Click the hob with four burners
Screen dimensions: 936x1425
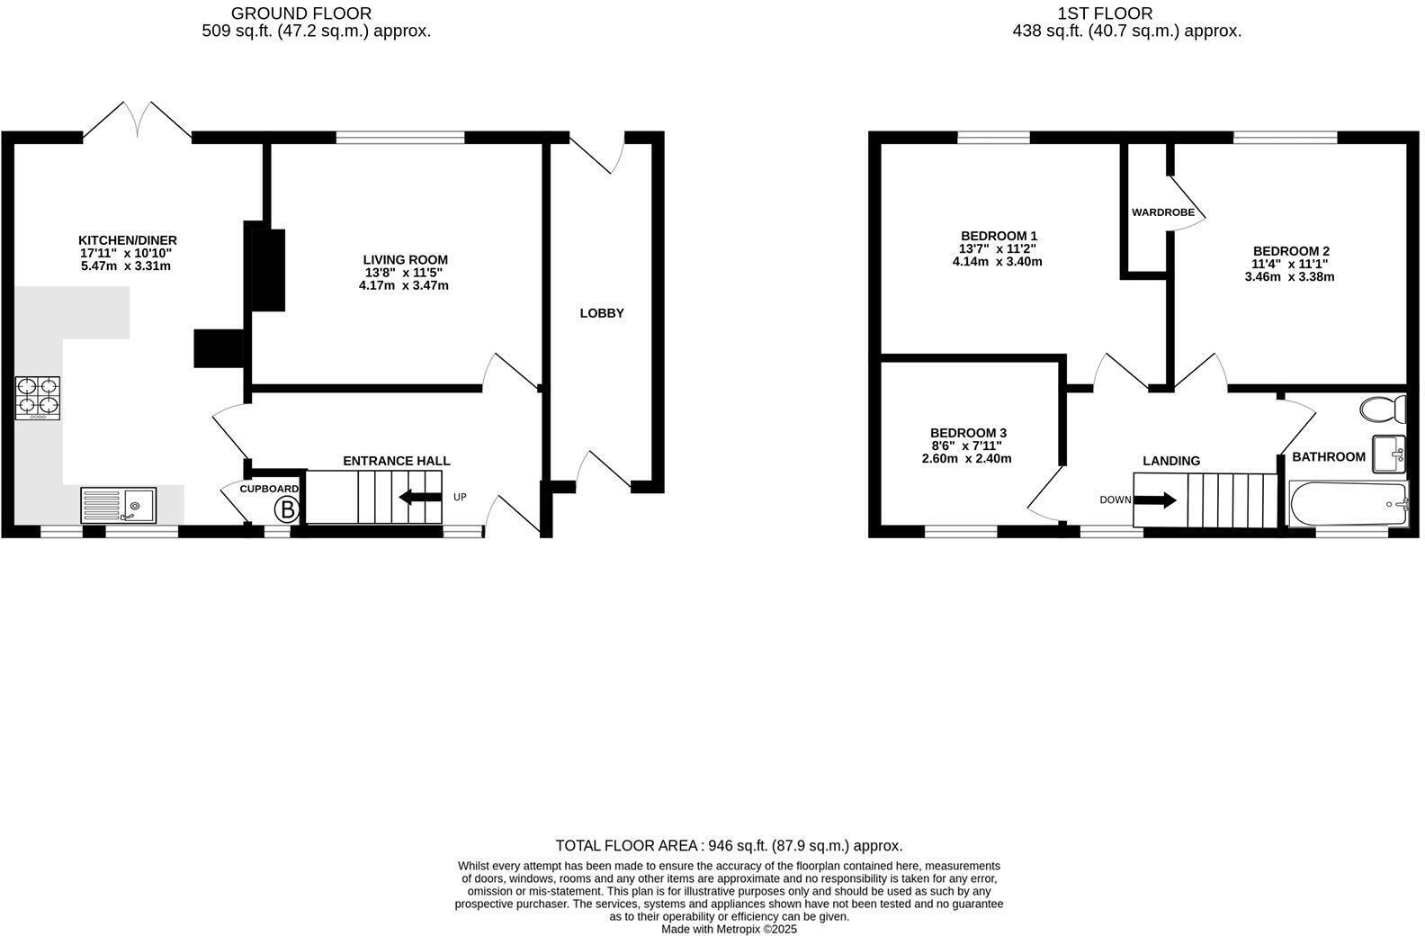(x=38, y=398)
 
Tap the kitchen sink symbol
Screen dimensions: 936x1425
(x=118, y=505)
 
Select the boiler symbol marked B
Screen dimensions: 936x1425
(x=287, y=510)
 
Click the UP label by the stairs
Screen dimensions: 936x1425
(x=460, y=497)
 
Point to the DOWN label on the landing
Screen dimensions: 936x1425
(x=1115, y=499)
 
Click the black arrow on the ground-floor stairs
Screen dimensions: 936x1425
(x=419, y=497)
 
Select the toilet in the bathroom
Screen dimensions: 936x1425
(x=1384, y=409)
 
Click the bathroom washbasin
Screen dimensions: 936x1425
(x=1389, y=453)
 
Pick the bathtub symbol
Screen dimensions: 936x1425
(x=1348, y=504)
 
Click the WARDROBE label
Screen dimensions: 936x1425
(x=1162, y=212)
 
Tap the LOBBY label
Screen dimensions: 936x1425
(x=602, y=313)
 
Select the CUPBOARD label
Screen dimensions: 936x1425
(x=269, y=489)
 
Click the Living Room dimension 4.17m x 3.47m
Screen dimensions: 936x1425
(x=403, y=285)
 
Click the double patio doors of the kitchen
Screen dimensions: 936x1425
(x=137, y=120)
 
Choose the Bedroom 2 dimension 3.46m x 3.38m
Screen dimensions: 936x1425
(x=1289, y=277)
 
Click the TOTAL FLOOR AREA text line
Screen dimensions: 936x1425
(x=729, y=845)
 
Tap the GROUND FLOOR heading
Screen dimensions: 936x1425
(x=300, y=13)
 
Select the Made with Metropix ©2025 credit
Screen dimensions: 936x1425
(x=729, y=929)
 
